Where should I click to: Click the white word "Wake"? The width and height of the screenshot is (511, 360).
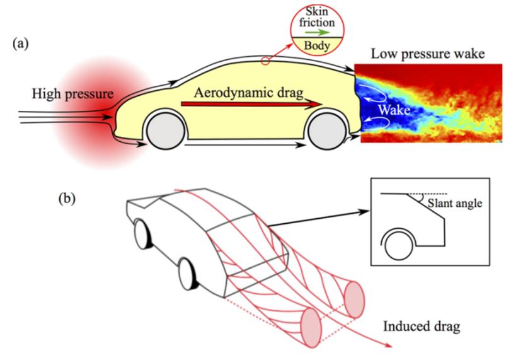point(395,109)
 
